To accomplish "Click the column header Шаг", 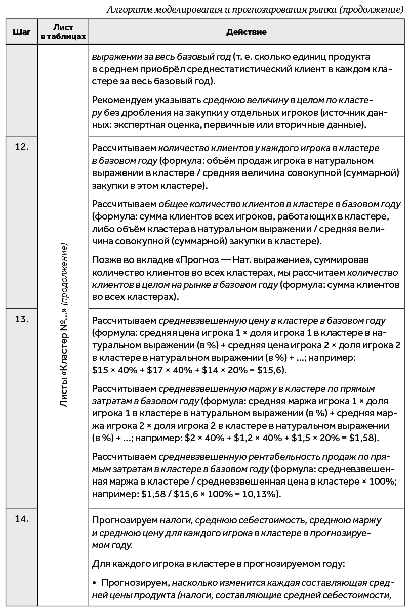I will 21,32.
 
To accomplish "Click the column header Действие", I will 247,32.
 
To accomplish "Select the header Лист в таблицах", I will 63,32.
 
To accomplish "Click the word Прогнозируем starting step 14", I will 125,520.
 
